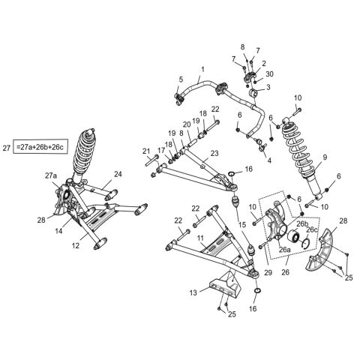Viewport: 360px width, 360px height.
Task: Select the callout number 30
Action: (x=270, y=73)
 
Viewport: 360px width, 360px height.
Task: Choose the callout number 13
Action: (x=194, y=292)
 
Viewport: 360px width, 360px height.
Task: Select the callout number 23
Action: (x=214, y=153)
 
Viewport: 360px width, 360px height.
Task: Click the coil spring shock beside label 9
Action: (x=300, y=157)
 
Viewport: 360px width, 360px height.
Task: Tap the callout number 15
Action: (x=241, y=224)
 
